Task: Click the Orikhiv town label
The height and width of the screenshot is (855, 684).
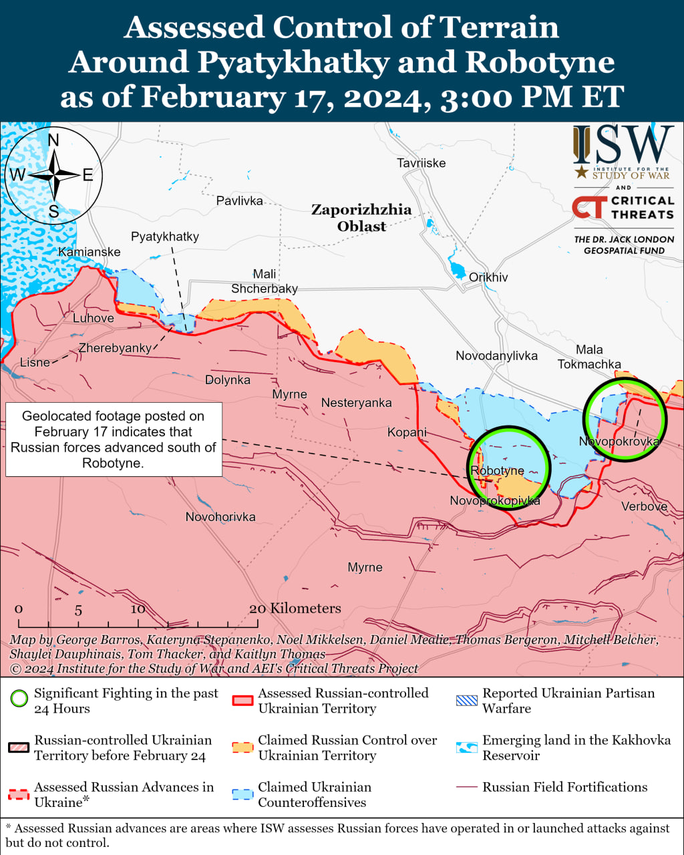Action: [x=488, y=277]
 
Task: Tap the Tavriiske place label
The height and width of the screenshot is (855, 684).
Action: [x=421, y=163]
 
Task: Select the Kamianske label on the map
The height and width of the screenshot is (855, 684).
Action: [x=90, y=252]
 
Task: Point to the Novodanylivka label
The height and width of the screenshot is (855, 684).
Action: [x=496, y=355]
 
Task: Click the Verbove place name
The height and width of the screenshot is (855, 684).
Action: [x=644, y=506]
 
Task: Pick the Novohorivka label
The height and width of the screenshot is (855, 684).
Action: [x=220, y=517]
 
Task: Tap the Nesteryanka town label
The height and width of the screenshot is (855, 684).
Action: [x=356, y=403]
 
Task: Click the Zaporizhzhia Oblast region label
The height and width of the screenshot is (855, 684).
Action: [x=361, y=218]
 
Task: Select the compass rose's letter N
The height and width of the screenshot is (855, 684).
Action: [x=53, y=140]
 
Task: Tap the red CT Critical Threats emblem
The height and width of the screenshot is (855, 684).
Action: [x=589, y=208]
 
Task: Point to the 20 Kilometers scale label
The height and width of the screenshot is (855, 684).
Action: [x=295, y=609]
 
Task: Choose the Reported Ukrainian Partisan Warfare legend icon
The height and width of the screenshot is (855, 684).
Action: [x=467, y=701]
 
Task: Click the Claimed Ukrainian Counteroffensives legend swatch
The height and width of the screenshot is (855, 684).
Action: [x=242, y=794]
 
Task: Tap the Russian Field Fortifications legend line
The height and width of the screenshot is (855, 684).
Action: [x=467, y=788]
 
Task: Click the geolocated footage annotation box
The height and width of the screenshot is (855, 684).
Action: [x=114, y=439]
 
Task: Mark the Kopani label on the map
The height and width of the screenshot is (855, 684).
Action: [x=407, y=432]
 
